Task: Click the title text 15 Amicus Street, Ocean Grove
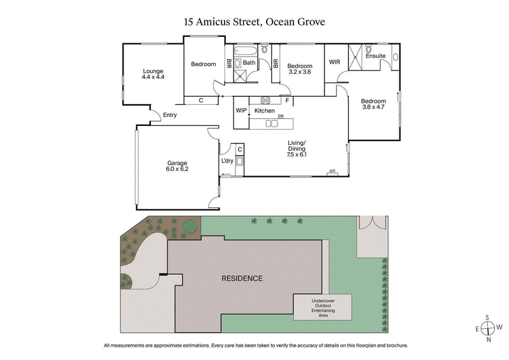254,22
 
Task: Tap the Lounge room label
153,74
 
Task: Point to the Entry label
170,115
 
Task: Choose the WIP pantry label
241,111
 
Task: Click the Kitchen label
265,111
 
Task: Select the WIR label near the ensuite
335,62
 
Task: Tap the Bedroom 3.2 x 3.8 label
300,69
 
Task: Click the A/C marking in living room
332,170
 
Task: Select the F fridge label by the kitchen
287,100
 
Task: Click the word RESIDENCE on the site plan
242,279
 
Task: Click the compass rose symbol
488,328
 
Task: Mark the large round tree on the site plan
190,226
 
